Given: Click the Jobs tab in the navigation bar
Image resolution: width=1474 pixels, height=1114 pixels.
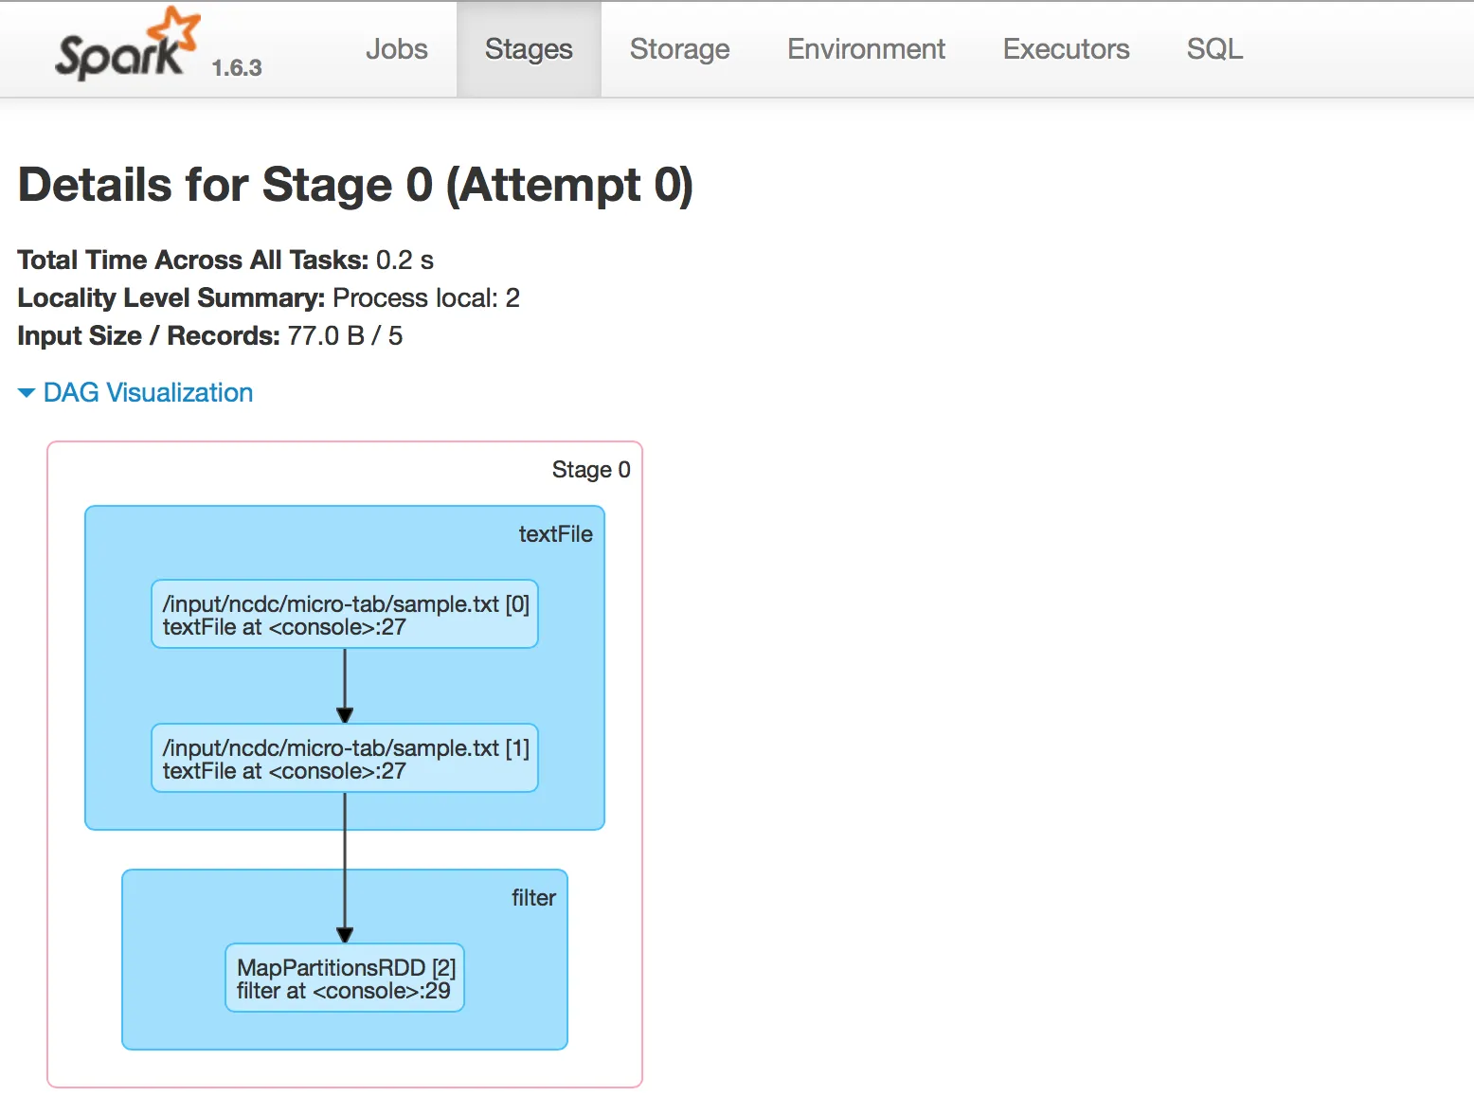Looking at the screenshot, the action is point(396,49).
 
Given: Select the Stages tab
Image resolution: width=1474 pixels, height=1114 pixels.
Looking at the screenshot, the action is point(529,49).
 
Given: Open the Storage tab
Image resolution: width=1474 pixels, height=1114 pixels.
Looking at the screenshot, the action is point(679,49).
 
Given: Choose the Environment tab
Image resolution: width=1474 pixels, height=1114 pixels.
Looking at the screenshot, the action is point(866,49).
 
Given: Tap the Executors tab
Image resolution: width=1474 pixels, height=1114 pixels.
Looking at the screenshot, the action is point(1066,49).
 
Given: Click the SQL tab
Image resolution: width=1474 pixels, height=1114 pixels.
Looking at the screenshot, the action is point(1214,49).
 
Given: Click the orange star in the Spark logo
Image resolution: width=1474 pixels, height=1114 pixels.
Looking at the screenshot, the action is point(174,28).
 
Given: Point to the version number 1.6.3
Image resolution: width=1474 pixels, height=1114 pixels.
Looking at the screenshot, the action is point(237,68).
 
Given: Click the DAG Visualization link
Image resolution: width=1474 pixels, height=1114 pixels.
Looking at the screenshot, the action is point(148,393).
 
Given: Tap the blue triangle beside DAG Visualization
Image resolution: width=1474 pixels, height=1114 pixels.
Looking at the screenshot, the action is point(27,393).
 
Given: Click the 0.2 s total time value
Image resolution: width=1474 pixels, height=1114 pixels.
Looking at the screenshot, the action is point(404,260).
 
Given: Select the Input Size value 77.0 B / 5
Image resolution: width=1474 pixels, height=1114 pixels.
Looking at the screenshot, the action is point(345,335).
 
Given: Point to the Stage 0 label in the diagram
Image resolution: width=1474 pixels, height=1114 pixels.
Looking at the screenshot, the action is point(591,469).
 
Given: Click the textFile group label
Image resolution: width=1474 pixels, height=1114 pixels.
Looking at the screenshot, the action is point(555,534).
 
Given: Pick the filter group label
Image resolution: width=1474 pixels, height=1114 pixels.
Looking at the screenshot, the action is point(534,898).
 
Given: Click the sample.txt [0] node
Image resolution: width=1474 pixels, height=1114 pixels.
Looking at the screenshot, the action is point(345,615).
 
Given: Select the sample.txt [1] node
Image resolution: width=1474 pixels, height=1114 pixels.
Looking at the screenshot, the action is point(345,758).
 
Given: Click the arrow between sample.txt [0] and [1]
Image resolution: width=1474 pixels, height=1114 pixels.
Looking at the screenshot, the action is point(345,686).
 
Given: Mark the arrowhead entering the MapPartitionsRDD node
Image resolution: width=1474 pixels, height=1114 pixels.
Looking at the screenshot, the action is point(345,935).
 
